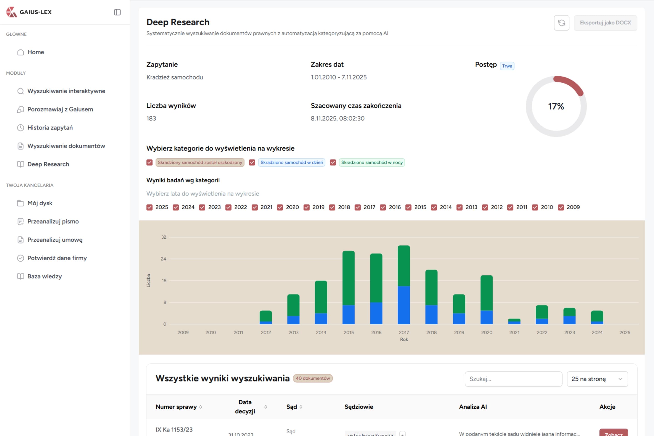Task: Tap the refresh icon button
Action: [561, 23]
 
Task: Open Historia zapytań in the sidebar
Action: [50, 128]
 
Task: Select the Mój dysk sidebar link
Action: [40, 203]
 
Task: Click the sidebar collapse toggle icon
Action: [117, 12]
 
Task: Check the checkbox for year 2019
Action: [306, 207]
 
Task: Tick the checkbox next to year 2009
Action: [561, 207]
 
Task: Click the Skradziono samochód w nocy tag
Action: [372, 162]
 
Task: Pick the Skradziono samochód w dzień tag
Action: [291, 162]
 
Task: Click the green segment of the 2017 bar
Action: [404, 265]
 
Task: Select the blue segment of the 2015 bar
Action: [348, 315]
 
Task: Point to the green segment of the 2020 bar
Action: [487, 293]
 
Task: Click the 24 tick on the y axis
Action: [163, 259]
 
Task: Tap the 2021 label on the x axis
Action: [514, 332]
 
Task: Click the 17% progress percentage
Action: [556, 107]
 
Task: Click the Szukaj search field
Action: [513, 379]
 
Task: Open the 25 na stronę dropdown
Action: [597, 379]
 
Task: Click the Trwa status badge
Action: [507, 66]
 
